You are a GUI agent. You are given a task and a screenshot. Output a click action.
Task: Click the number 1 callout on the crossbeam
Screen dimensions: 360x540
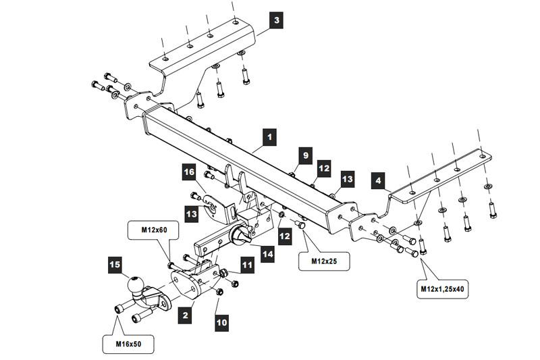(x=270, y=138)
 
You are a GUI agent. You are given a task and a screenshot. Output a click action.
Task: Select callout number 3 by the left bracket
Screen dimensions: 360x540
(x=275, y=20)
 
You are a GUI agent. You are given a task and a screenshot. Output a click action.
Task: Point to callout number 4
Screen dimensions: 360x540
(x=378, y=180)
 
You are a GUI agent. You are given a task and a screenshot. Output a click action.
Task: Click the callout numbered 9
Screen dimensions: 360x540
(x=305, y=156)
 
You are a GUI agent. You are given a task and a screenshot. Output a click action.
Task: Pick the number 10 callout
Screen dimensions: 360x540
(x=222, y=322)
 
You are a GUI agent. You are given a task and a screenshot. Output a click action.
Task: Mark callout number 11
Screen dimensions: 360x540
(x=247, y=266)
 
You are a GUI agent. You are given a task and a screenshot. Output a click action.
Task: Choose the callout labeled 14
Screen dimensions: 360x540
(x=269, y=255)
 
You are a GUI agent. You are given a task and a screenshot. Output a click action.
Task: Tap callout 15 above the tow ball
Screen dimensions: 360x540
(x=115, y=265)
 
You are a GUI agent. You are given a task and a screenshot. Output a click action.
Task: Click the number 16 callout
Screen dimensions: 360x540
(x=189, y=174)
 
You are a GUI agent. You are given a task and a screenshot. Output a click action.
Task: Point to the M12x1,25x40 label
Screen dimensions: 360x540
(x=445, y=288)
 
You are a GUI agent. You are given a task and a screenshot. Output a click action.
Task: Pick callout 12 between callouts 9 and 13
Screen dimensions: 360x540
(x=325, y=167)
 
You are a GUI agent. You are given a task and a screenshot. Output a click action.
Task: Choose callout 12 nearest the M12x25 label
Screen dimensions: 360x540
(x=285, y=236)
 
